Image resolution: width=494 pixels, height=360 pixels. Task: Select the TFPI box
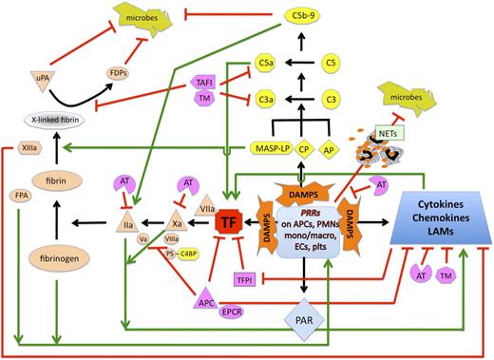click(x=246, y=276)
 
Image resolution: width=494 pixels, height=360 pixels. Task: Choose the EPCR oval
click(x=206, y=311)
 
